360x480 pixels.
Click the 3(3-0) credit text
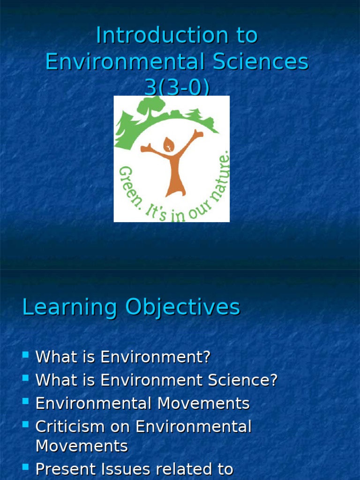click(x=177, y=88)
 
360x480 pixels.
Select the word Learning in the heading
click(x=70, y=308)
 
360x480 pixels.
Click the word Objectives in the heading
click(x=183, y=308)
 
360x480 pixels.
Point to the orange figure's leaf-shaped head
click(x=169, y=145)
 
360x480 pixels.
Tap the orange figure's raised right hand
click(x=199, y=134)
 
